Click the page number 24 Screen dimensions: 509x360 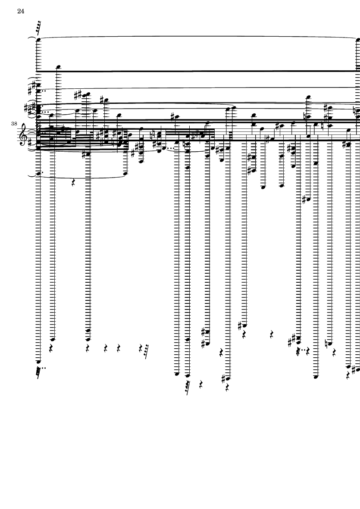[21, 12]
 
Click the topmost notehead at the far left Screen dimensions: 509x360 [38, 40]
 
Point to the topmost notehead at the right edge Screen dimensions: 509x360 [358, 40]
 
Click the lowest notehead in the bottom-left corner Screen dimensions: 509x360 [38, 362]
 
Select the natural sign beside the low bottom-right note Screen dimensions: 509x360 [326, 343]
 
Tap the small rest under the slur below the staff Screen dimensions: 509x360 [73, 183]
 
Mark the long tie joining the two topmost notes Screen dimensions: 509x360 [198, 36]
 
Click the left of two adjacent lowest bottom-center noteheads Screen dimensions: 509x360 [176, 374]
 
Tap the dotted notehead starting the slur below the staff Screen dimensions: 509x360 [38, 174]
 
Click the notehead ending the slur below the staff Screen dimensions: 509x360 [125, 174]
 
